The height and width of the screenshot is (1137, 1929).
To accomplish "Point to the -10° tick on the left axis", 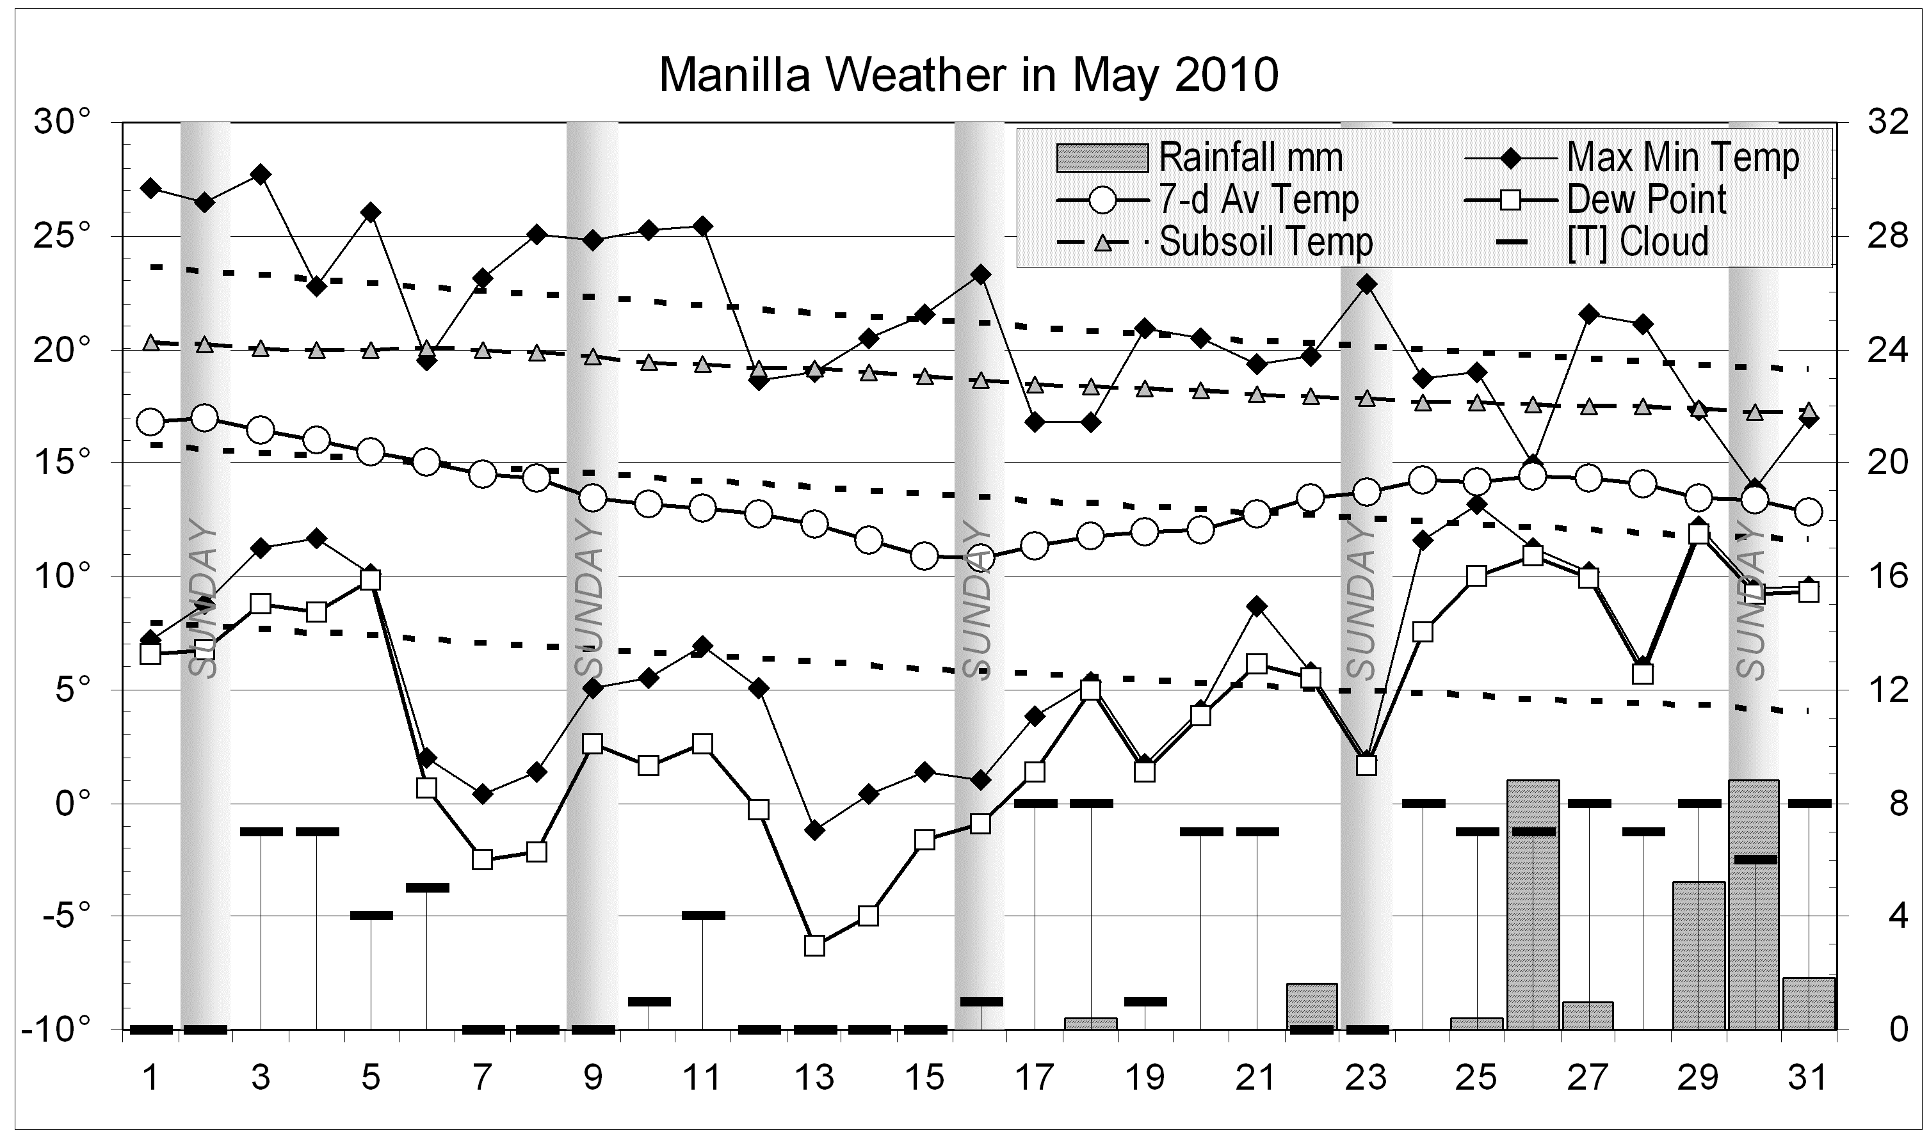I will point(58,1029).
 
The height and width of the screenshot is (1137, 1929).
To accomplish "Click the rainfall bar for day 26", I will point(1533,904).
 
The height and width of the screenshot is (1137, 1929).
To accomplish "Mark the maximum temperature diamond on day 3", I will point(261,174).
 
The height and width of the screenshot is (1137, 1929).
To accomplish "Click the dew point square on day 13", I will point(814,946).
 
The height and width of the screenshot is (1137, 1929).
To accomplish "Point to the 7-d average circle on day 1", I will point(150,422).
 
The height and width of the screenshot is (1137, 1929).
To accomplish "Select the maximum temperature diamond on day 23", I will point(1366,284).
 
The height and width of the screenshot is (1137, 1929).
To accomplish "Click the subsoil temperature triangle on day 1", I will point(150,342).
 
